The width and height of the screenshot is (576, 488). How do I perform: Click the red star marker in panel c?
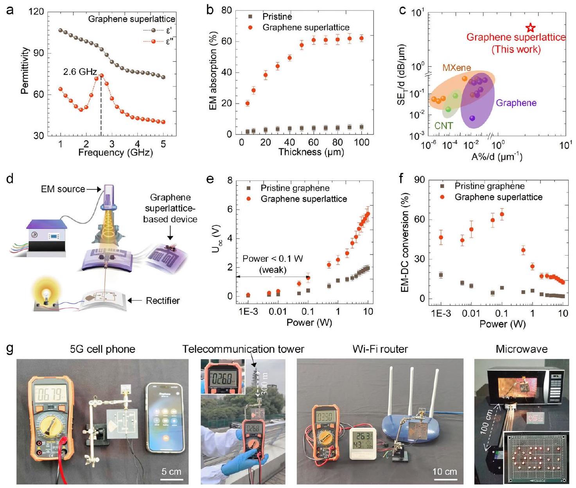point(530,28)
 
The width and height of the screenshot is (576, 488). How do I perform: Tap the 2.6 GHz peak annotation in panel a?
point(80,72)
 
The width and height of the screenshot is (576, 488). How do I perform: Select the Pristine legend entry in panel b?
point(277,16)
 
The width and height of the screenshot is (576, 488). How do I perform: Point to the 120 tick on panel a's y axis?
point(37,12)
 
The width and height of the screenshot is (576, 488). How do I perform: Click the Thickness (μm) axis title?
point(311,152)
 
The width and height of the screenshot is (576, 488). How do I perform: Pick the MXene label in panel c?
point(457,68)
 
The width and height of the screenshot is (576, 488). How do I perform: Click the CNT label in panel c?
point(443,126)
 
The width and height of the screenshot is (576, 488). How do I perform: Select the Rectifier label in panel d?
point(163,300)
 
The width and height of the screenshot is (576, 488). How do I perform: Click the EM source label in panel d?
point(63,189)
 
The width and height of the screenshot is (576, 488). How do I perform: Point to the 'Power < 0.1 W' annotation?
point(273,259)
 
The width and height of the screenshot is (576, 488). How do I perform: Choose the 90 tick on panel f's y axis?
point(420,180)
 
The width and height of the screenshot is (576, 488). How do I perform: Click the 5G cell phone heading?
point(102,349)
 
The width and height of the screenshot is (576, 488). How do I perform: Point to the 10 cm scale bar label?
point(445,472)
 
